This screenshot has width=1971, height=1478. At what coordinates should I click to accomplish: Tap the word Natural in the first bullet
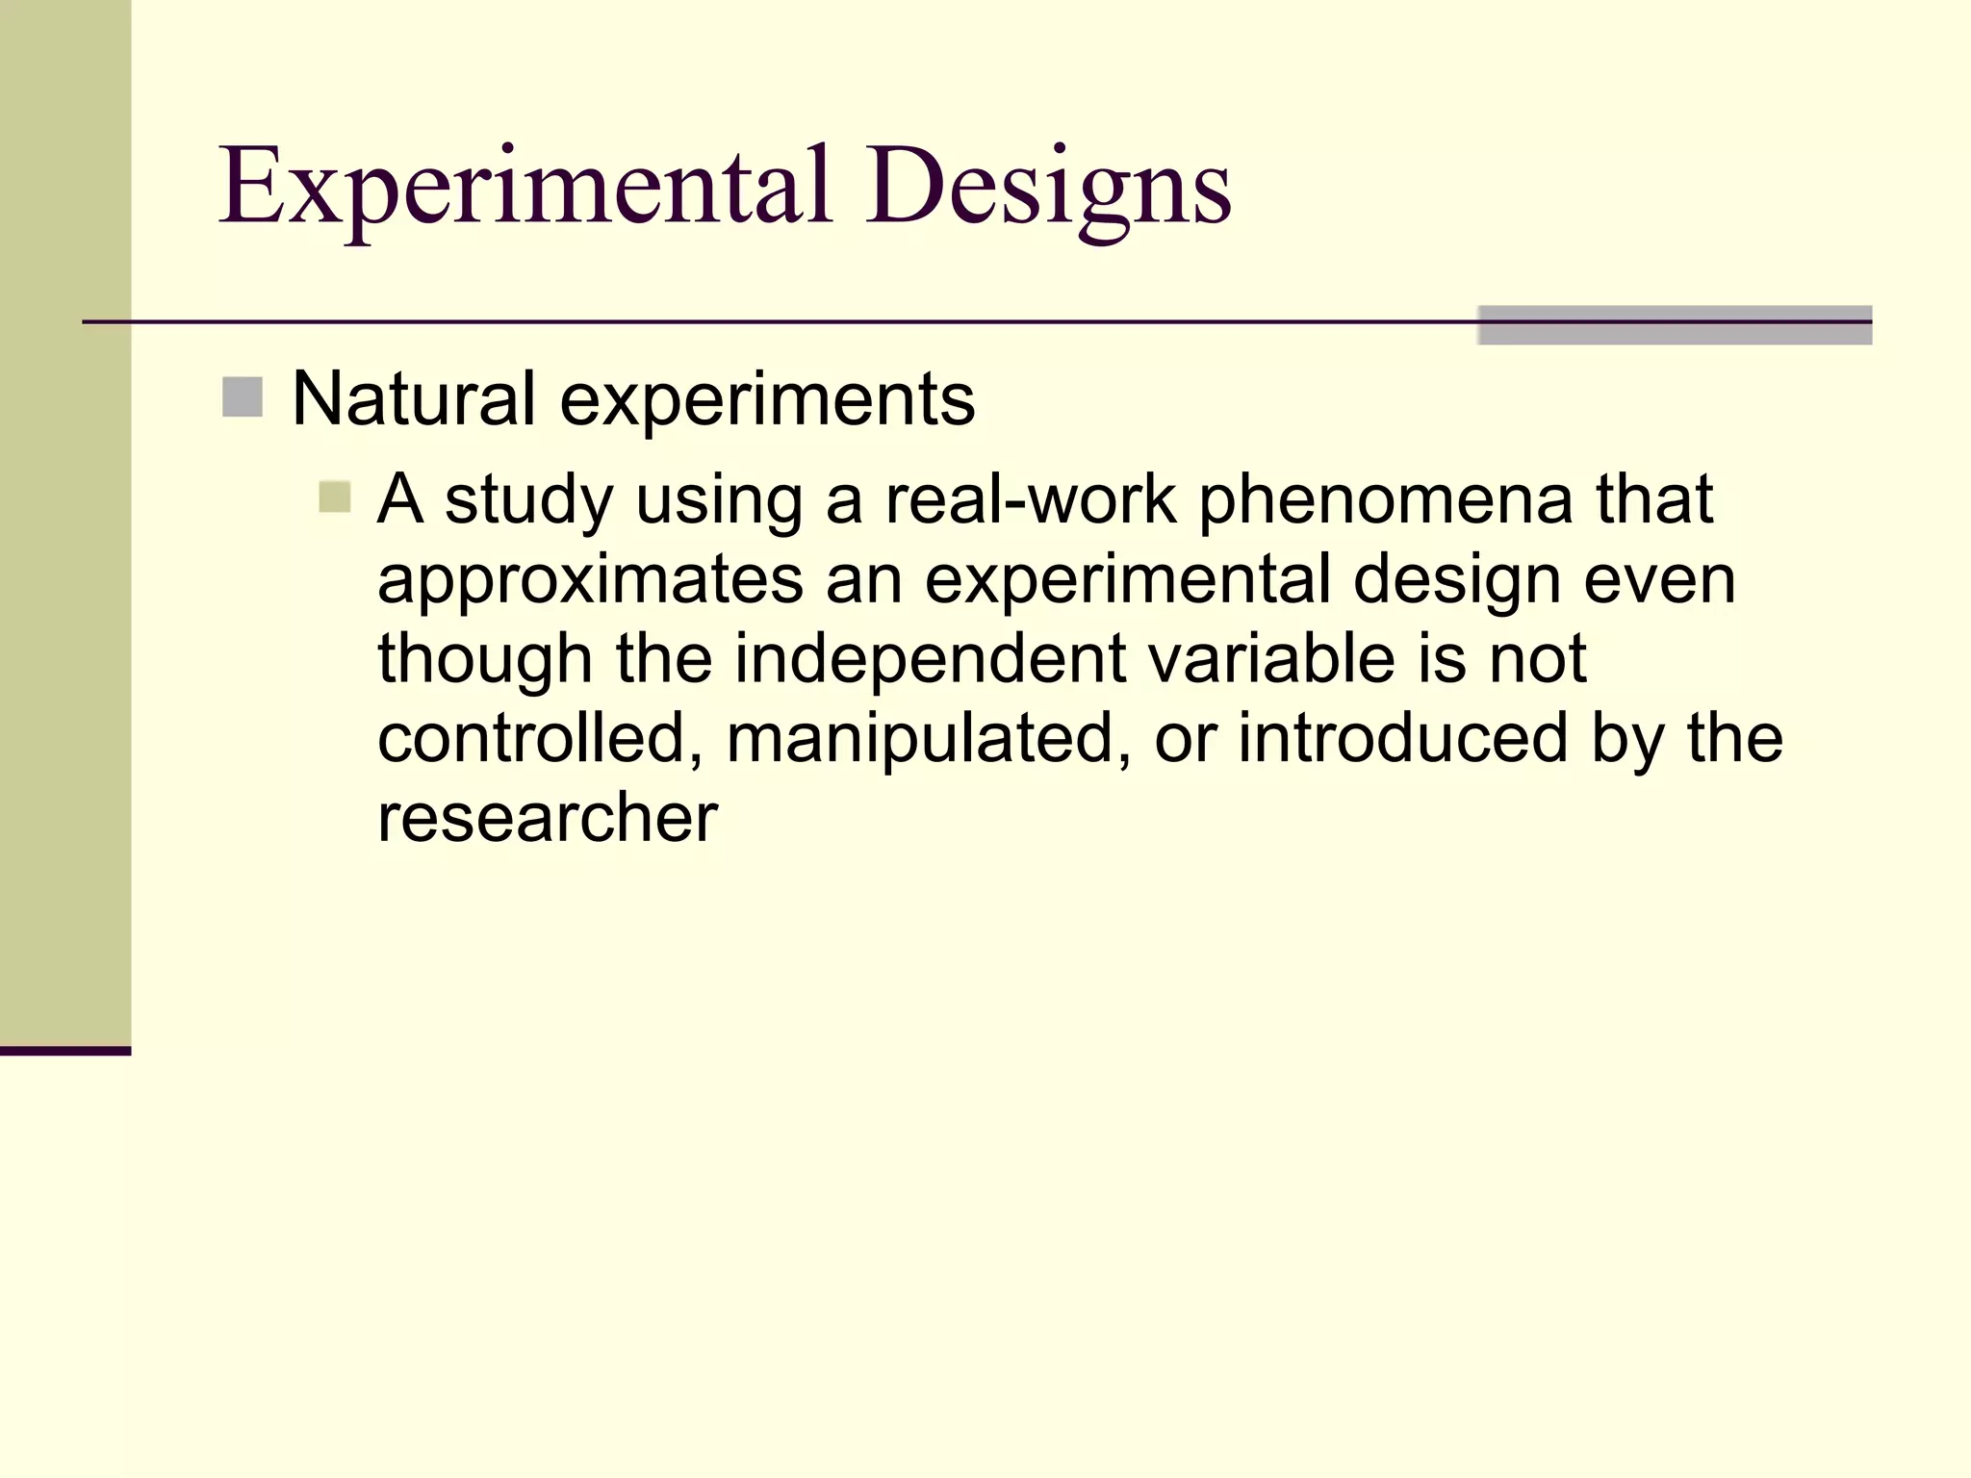413,398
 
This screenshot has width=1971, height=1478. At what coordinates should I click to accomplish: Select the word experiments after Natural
767,400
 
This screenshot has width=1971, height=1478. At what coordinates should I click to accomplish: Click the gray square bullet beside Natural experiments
243,397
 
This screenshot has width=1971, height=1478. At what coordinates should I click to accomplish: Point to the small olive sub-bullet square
334,497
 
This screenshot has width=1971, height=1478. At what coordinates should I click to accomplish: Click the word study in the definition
528,500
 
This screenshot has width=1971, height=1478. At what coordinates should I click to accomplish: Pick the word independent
931,659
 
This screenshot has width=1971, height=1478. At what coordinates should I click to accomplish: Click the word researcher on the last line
548,818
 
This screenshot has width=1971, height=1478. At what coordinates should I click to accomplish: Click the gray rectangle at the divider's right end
1674,325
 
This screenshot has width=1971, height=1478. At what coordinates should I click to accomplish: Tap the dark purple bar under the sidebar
65,1051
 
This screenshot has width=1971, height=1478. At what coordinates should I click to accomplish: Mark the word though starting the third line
484,660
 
